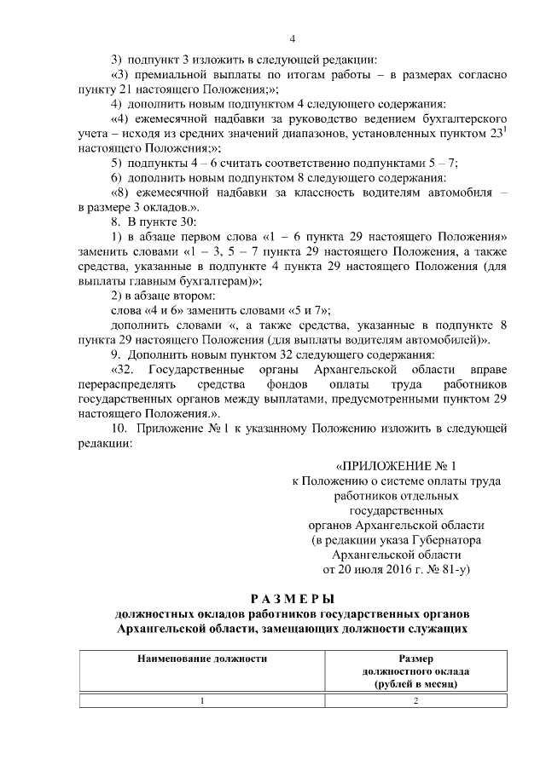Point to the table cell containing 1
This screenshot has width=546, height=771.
202,701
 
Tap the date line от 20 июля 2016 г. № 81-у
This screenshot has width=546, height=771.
397,567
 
